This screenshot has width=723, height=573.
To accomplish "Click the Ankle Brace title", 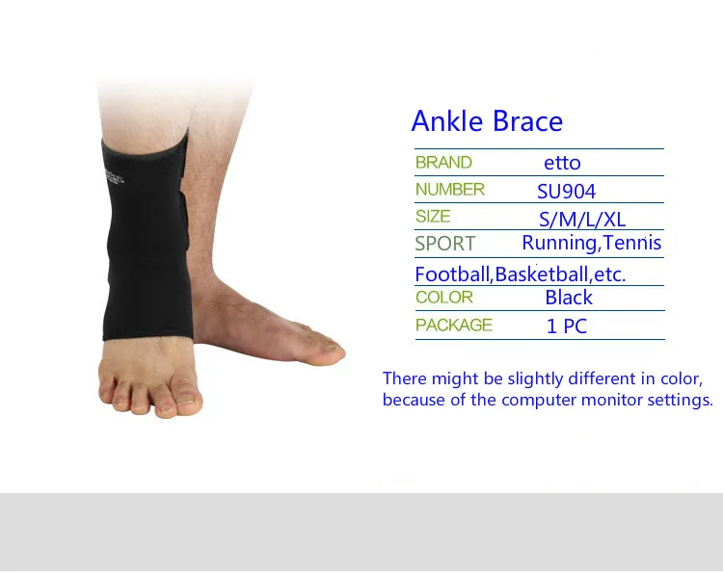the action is [x=487, y=121].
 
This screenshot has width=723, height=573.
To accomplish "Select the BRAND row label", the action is [x=443, y=163].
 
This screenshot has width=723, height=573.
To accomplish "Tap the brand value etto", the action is [x=562, y=163].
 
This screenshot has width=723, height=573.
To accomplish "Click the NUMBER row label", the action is [x=450, y=190].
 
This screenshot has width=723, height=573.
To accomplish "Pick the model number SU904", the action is [x=566, y=191].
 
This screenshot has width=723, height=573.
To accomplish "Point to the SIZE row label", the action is [x=433, y=216].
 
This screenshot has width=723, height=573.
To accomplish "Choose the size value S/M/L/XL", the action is [x=582, y=220].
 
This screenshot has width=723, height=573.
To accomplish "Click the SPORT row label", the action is [x=445, y=244].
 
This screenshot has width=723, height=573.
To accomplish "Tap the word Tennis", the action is [x=632, y=243].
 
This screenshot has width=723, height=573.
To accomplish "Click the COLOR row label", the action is [x=444, y=298].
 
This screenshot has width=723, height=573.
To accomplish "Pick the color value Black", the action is [x=569, y=298].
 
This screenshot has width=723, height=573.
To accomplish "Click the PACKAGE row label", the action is [x=454, y=325].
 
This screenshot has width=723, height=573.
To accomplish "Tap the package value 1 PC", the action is [x=566, y=326].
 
